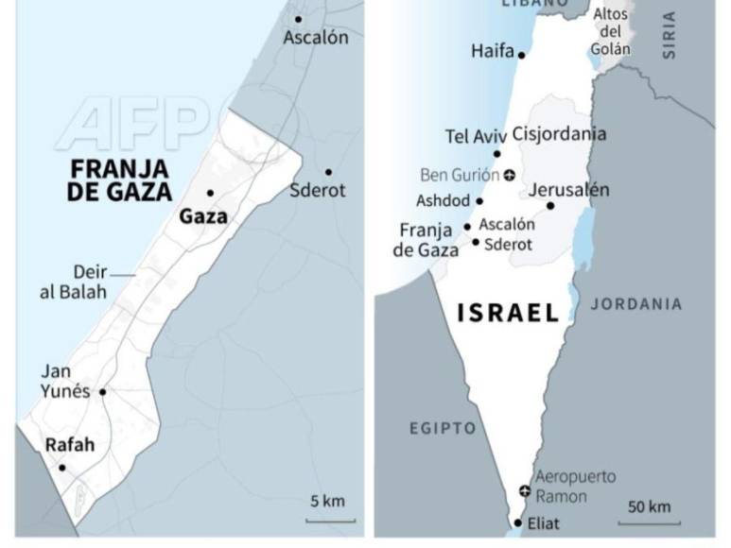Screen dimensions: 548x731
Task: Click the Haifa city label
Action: (492, 51)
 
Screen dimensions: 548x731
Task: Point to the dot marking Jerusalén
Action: (550, 206)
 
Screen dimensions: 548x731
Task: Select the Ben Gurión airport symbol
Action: (509, 175)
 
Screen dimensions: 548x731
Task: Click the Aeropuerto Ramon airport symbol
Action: (525, 489)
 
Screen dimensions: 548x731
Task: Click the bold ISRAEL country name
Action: (508, 314)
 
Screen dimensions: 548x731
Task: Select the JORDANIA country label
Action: (635, 304)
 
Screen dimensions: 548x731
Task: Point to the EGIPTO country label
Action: (443, 429)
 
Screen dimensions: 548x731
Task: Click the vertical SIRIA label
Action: (670, 35)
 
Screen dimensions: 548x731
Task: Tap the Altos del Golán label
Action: (611, 31)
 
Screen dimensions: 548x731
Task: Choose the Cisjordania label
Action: (559, 133)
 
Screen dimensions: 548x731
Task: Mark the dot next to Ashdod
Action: (479, 201)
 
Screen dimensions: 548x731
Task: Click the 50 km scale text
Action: (649, 507)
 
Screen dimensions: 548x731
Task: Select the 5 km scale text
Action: (328, 501)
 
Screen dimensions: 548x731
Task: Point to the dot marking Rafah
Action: (62, 468)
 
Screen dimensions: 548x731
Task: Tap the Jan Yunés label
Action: (64, 382)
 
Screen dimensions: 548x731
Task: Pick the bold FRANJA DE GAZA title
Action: (122, 180)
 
